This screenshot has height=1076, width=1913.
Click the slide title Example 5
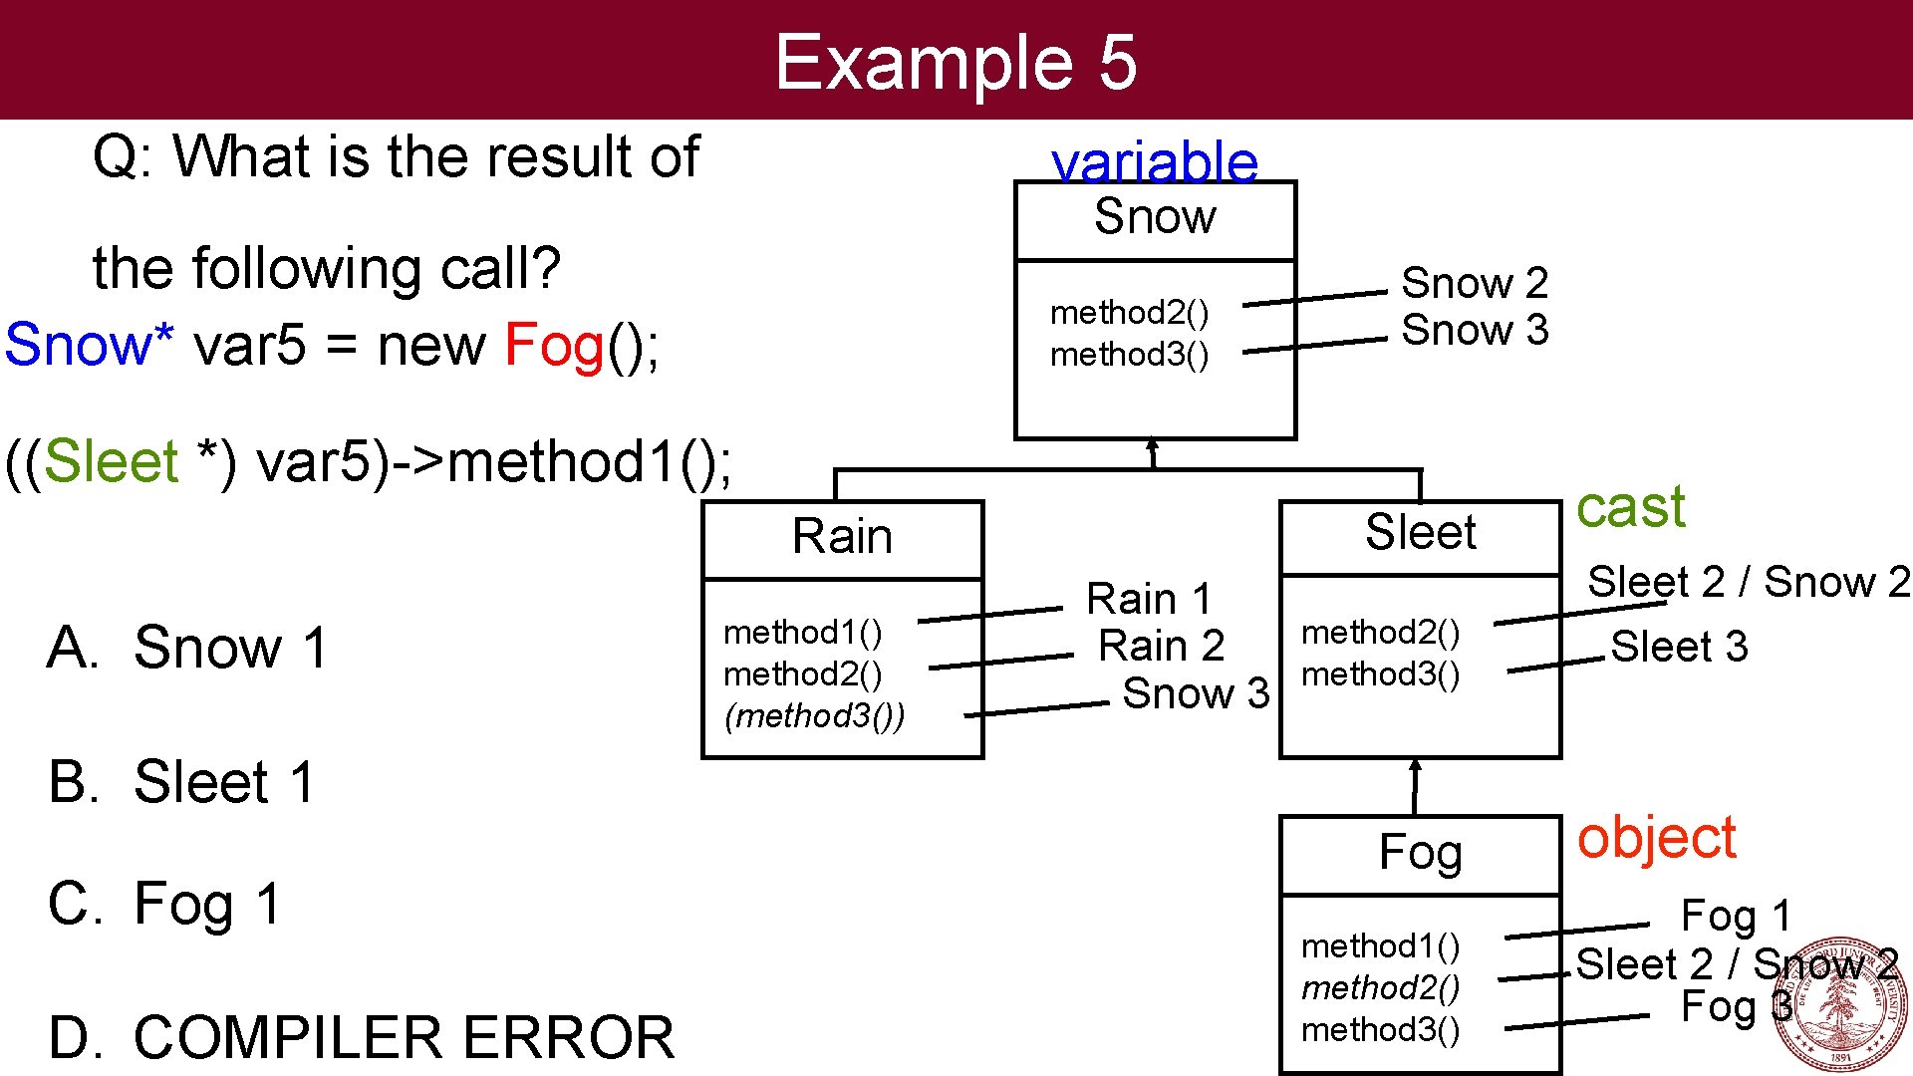pos(956,62)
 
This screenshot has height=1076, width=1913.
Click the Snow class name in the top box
pos(1155,217)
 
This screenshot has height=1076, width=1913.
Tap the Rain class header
pos(842,537)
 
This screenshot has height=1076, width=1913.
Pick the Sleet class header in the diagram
pos(1420,533)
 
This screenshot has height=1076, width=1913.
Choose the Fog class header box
pos(1420,853)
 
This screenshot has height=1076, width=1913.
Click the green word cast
pos(1630,508)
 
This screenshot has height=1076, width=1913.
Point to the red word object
pos(1656,838)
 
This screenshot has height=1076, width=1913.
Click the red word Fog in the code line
pos(554,346)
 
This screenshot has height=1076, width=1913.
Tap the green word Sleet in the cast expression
pos(111,461)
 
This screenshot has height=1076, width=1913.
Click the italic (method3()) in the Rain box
pos(814,716)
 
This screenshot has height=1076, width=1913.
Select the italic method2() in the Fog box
pos(1380,988)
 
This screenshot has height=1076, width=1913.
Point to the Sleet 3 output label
pos(1679,648)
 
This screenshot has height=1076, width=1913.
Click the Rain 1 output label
pos(1148,600)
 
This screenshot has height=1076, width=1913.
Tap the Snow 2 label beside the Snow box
pos(1474,284)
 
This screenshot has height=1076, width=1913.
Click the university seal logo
pos(1838,1004)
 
